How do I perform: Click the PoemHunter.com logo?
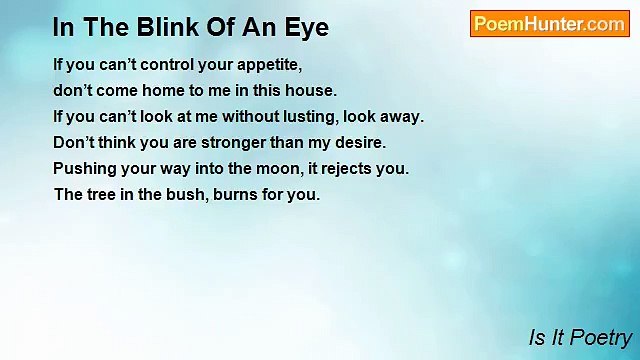coord(549,24)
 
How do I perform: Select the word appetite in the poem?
coord(268,64)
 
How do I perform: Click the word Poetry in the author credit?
coord(600,338)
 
